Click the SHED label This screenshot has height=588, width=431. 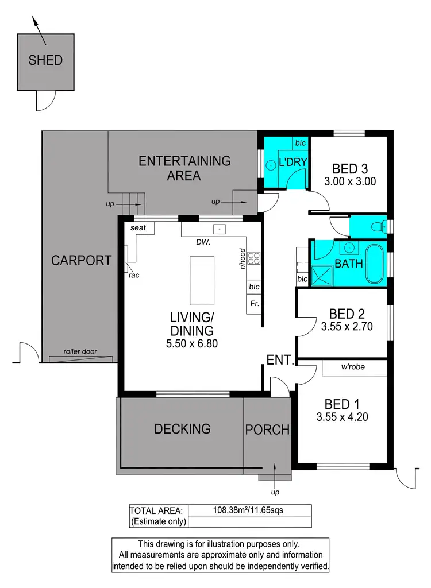(x=45, y=60)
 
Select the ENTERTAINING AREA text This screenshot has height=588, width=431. (x=184, y=168)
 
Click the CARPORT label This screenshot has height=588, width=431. (x=81, y=260)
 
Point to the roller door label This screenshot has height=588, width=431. (x=80, y=352)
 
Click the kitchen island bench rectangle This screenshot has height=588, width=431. (x=202, y=281)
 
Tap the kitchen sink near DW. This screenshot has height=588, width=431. (x=220, y=229)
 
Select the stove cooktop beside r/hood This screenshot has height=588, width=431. (x=254, y=259)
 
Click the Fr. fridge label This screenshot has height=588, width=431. (x=253, y=303)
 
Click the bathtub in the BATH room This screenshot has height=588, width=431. (x=377, y=264)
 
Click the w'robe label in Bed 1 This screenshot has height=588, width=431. (x=352, y=367)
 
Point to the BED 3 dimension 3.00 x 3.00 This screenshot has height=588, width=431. (x=349, y=181)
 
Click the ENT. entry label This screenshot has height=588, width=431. (x=280, y=361)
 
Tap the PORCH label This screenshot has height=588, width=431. (x=267, y=430)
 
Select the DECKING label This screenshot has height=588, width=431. (x=182, y=428)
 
